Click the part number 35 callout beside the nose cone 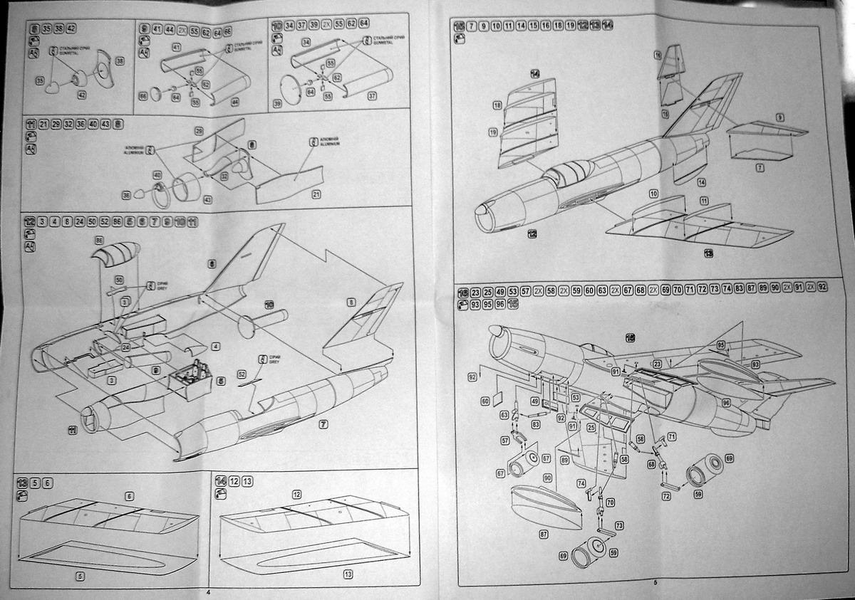tap(40, 80)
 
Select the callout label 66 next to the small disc tap(143, 95)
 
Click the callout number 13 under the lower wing tap(348, 574)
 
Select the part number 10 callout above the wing tap(653, 194)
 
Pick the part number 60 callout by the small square tap(485, 401)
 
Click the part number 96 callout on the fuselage tap(725, 403)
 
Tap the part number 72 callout tap(665, 496)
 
